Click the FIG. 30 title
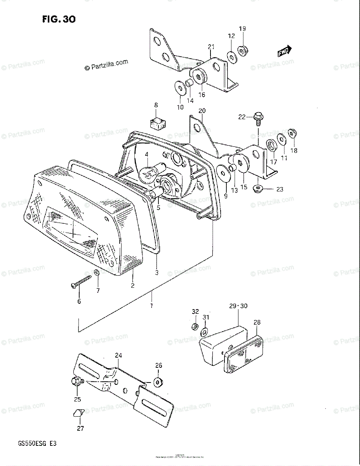[x=59, y=19]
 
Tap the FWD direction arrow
[x=284, y=51]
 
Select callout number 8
[x=156, y=105]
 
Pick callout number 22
[x=242, y=117]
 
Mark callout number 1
[x=151, y=306]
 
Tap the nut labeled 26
[x=158, y=381]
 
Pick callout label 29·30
[x=238, y=306]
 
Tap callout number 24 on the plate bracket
[x=118, y=355]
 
